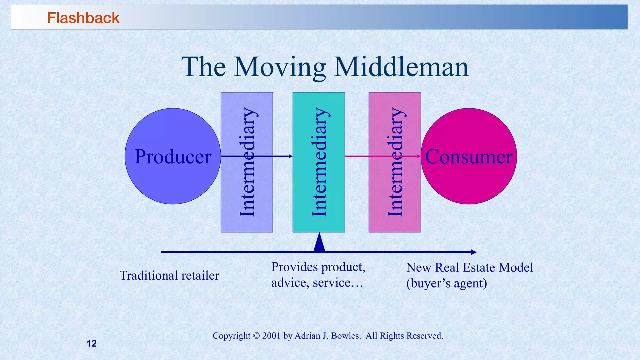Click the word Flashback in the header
point(83,18)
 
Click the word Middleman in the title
point(401,67)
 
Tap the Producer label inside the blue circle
point(173,157)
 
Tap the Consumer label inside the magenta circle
point(468,157)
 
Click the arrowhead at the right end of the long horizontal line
point(474,252)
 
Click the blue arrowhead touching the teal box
point(291,156)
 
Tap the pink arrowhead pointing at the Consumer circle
point(419,156)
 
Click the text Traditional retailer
point(169,276)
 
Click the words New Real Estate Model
point(469,267)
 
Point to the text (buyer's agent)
point(447,283)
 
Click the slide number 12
point(92,343)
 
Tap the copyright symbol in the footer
point(256,336)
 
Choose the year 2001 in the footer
point(271,336)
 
